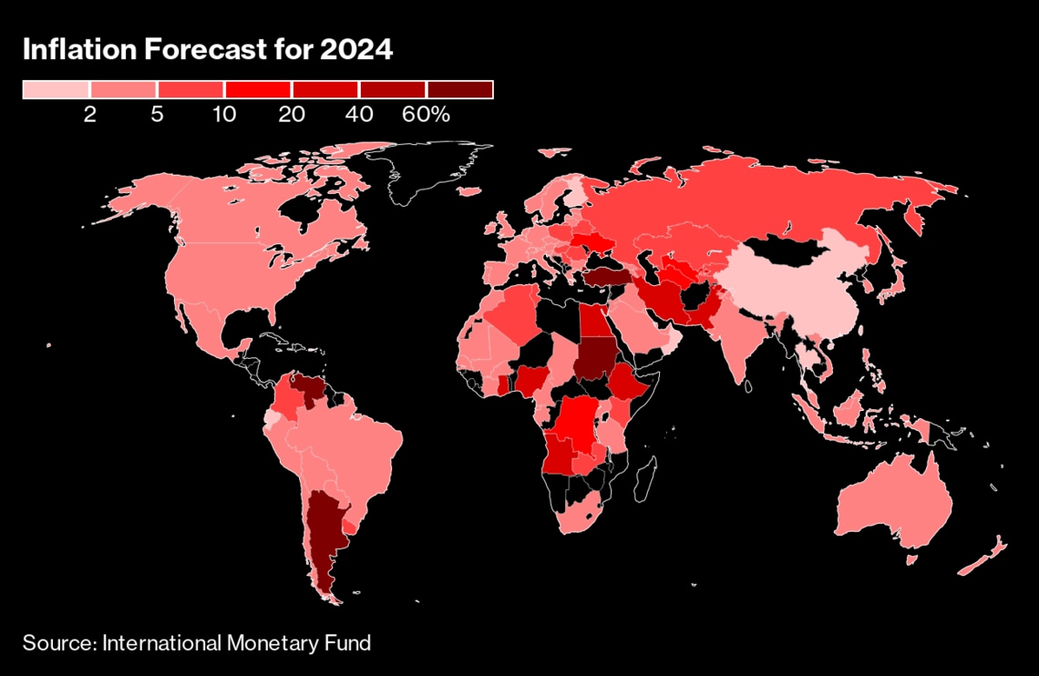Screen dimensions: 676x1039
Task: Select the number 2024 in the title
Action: [355, 50]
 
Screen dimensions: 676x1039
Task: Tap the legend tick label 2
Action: [89, 115]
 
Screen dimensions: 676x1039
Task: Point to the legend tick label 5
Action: [157, 115]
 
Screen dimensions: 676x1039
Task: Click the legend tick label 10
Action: [224, 115]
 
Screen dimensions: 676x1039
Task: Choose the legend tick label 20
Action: [292, 115]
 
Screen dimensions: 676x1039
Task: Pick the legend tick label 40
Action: [359, 115]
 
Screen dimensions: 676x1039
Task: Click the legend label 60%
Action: [427, 115]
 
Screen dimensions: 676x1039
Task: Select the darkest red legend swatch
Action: [459, 89]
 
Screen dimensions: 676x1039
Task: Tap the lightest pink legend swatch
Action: [56, 89]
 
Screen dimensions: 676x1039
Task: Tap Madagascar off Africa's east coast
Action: [646, 478]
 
